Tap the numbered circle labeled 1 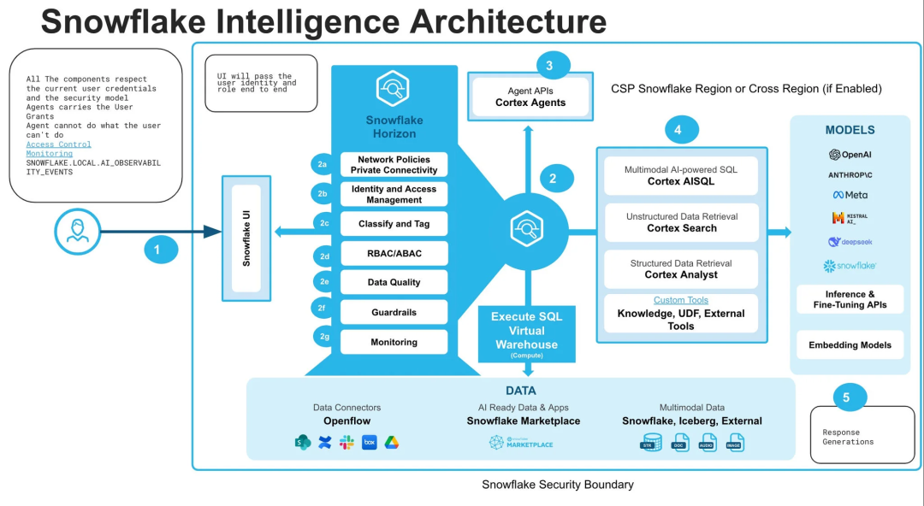[x=157, y=250]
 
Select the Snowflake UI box [x=246, y=238]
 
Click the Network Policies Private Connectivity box [x=394, y=165]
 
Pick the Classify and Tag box [x=394, y=224]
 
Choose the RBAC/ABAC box [x=394, y=254]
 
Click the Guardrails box [x=394, y=313]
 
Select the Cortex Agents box [x=530, y=97]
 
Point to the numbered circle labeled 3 [x=549, y=65]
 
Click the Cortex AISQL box [x=682, y=176]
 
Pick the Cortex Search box [x=682, y=223]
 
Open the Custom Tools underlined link [x=681, y=300]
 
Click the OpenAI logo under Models [x=850, y=155]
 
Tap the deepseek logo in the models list [x=850, y=242]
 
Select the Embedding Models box [x=850, y=345]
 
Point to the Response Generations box [x=862, y=436]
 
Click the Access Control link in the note [x=58, y=144]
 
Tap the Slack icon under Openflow [x=346, y=442]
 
